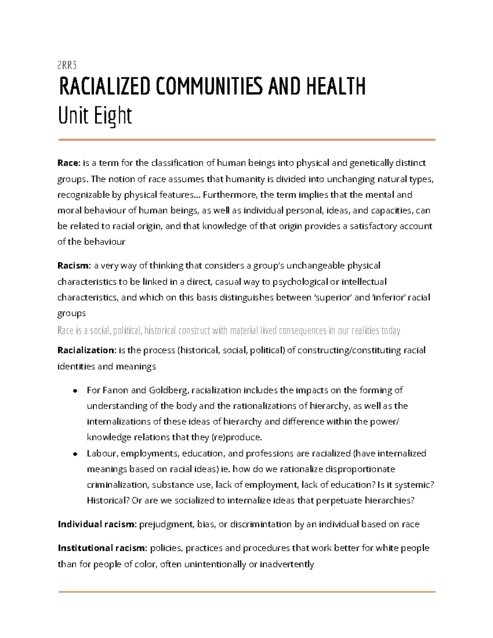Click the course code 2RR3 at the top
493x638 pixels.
[x=67, y=65]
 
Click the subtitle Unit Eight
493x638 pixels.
[x=95, y=116]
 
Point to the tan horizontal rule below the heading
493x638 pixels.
[x=246, y=140]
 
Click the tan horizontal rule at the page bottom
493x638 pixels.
[x=246, y=592]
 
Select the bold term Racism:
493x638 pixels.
[x=74, y=266]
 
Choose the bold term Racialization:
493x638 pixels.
[x=87, y=350]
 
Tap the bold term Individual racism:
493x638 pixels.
[x=97, y=524]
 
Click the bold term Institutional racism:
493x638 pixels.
[x=102, y=548]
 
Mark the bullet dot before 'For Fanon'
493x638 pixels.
[x=75, y=391]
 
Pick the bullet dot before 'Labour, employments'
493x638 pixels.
[x=75, y=454]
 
